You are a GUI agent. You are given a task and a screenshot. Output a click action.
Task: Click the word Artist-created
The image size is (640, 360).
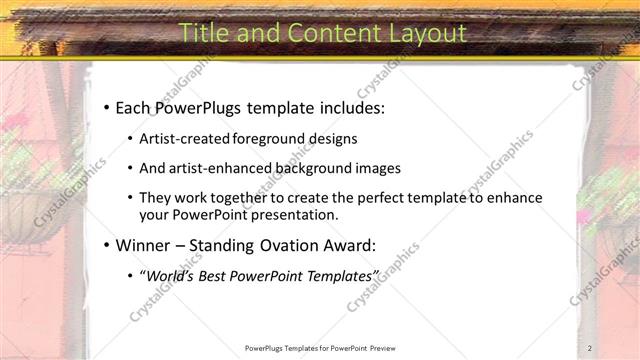(185, 138)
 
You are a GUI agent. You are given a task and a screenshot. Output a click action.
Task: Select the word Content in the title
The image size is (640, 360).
(325, 33)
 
